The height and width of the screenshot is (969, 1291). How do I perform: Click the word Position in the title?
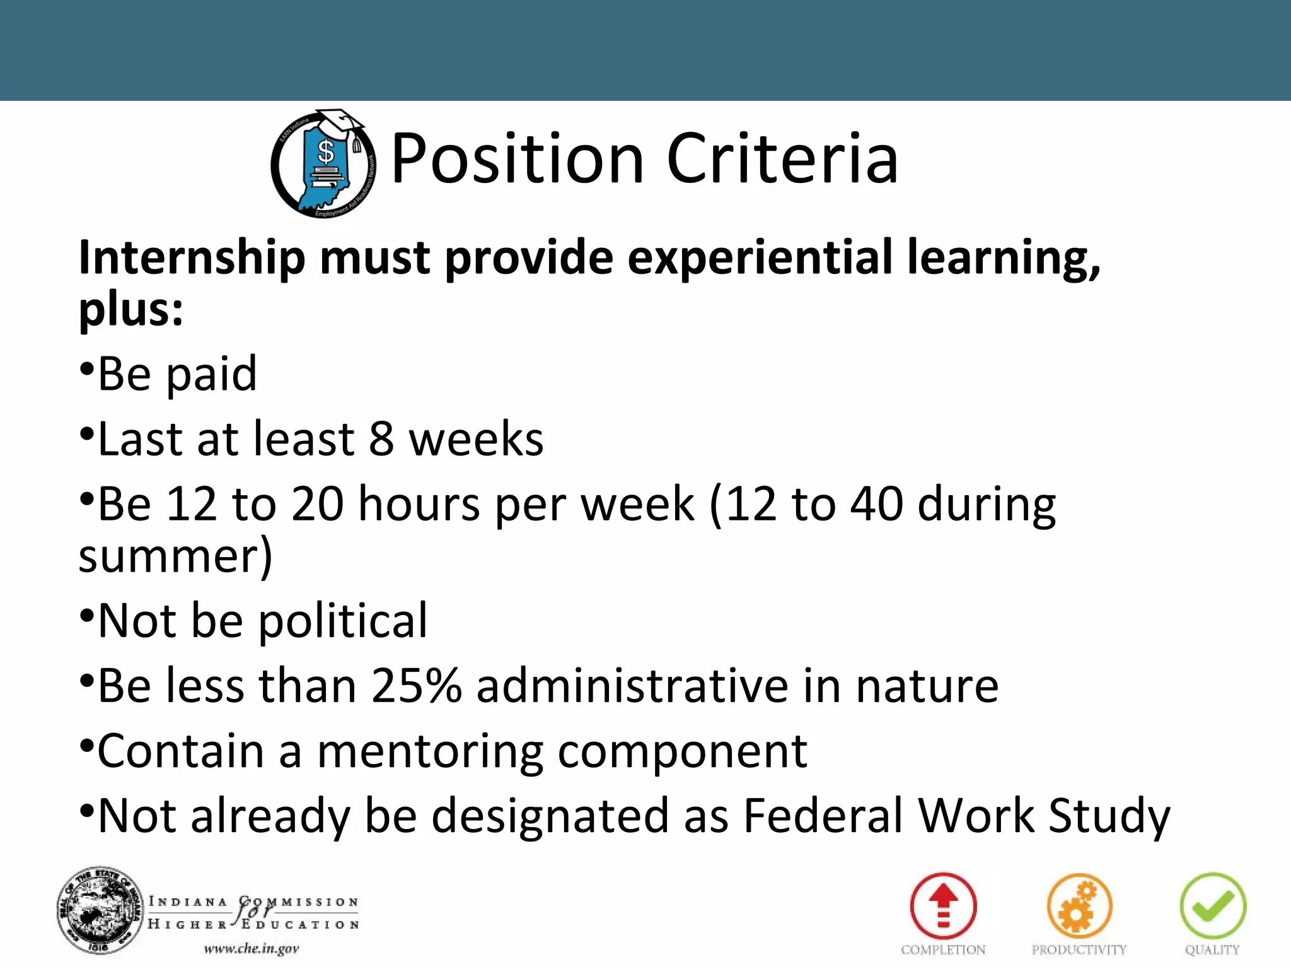pyautogui.click(x=517, y=159)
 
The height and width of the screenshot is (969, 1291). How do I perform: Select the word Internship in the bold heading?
pyautogui.click(x=192, y=259)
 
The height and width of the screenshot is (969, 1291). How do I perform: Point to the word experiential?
pyautogui.click(x=760, y=259)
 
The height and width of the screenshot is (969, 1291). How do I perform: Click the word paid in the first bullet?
pyautogui.click(x=212, y=375)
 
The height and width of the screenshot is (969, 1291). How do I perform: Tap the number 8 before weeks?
pyautogui.click(x=381, y=439)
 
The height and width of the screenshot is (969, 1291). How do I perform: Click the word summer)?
pyautogui.click(x=175, y=556)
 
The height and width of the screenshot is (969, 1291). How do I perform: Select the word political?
pyautogui.click(x=343, y=621)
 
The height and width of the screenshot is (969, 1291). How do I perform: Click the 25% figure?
pyautogui.click(x=416, y=686)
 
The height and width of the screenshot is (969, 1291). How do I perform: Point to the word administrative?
pyautogui.click(x=632, y=686)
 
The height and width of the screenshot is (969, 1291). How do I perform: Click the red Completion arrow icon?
pyautogui.click(x=943, y=907)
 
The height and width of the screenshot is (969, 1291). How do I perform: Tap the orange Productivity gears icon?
pyautogui.click(x=1079, y=907)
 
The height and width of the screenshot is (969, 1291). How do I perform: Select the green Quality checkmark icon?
pyautogui.click(x=1212, y=907)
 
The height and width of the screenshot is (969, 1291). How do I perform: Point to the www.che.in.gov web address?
pyautogui.click(x=251, y=949)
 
